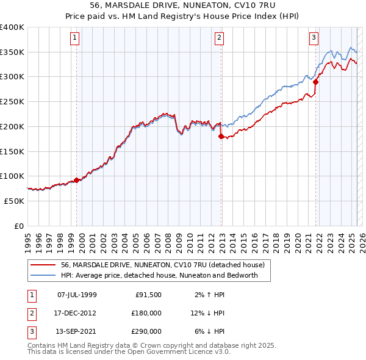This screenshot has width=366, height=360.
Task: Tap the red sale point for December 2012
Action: coord(221,137)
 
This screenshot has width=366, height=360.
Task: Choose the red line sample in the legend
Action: coord(44,265)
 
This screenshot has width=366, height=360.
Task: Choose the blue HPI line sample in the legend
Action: coord(44,275)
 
